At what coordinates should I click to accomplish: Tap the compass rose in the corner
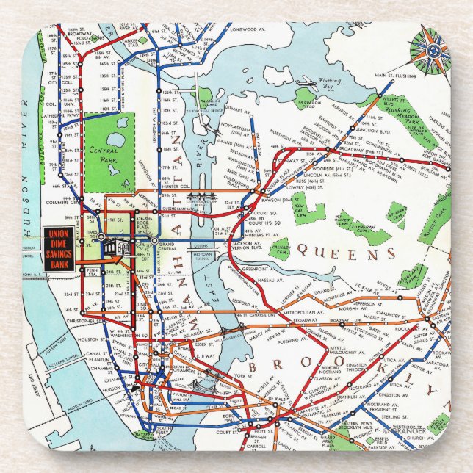(x=432, y=50)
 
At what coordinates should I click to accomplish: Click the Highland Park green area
(x=414, y=276)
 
